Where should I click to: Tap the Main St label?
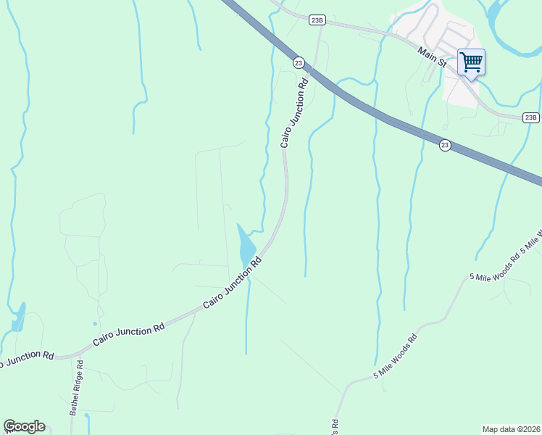pyautogui.click(x=431, y=55)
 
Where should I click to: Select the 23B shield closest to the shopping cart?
pyautogui.click(x=531, y=117)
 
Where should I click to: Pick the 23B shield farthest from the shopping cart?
pyautogui.click(x=316, y=20)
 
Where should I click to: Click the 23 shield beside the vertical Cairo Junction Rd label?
pyautogui.click(x=299, y=63)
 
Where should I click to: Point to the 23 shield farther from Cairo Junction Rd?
pyautogui.click(x=445, y=145)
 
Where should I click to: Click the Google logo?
pyautogui.click(x=24, y=426)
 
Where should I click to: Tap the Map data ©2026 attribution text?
pyautogui.click(x=511, y=429)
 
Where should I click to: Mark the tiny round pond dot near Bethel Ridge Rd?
pyautogui.click(x=94, y=324)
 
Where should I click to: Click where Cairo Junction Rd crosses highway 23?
pyautogui.click(x=311, y=69)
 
